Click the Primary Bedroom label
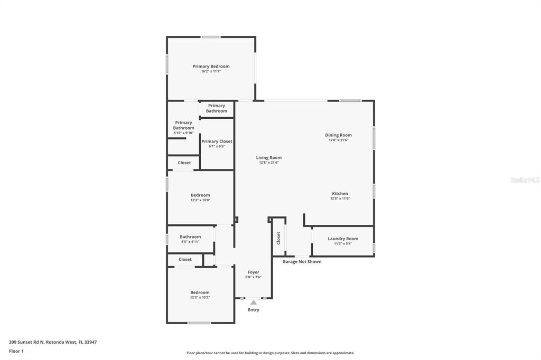coord(211,66)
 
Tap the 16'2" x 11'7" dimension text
coord(211,71)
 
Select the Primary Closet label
coord(217,141)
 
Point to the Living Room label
coord(269,158)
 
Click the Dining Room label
coord(339,135)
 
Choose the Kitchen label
coord(340,193)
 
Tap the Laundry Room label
coord(343,239)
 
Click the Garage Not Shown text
coord(302,262)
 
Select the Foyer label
coord(253,272)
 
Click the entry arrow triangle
coord(254,303)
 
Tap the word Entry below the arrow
coord(254,310)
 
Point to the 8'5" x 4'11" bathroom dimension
coord(190,242)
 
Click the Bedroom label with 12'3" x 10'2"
coord(200,292)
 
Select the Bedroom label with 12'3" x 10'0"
coord(200,195)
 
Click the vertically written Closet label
coord(278,238)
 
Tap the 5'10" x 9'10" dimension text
coord(183,133)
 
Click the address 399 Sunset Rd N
coord(26,343)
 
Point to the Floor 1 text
coord(16,352)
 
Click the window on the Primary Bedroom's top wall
coord(211,37)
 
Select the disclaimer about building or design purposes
coord(270,353)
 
